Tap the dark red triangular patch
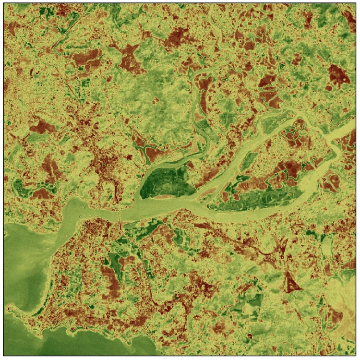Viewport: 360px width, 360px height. (291, 284)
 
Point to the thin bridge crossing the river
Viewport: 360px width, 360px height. (119, 215)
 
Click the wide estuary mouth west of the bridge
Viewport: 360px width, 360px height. (77, 211)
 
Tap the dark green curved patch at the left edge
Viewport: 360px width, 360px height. (19, 187)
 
